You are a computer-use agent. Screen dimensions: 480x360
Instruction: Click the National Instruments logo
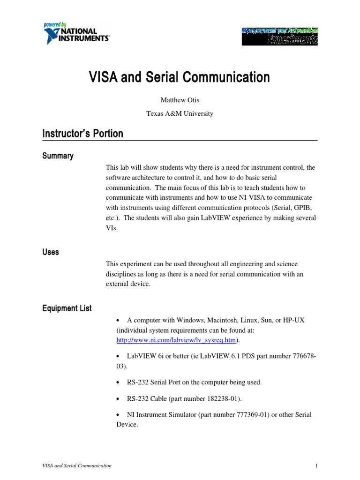pos(76,33)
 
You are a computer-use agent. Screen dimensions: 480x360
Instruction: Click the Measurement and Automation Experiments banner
pos(279,36)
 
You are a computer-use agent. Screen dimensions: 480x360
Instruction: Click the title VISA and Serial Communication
pos(180,77)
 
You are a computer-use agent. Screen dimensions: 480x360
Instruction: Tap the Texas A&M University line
pos(180,113)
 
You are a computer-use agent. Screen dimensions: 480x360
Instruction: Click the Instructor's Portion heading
pos(82,134)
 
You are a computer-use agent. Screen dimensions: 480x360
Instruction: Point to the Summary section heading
pos(58,156)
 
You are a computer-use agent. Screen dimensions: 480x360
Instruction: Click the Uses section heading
pos(51,252)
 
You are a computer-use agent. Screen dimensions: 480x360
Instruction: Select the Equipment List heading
pos(67,308)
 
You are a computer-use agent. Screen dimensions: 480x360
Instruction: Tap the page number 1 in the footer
pos(316,465)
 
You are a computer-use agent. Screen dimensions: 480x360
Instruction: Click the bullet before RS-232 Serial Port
pos(118,382)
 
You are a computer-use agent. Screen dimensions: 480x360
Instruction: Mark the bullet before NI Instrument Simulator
pos(118,415)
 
